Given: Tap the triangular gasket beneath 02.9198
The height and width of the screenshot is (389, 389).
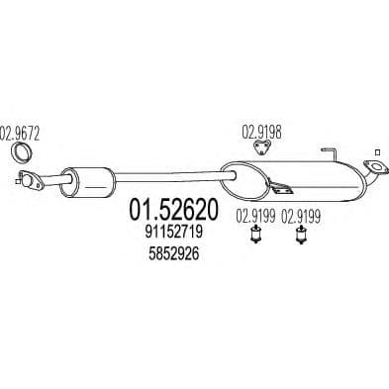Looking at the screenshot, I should tap(261, 147).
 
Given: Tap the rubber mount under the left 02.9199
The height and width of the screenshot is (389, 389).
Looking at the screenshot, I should tap(255, 236).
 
